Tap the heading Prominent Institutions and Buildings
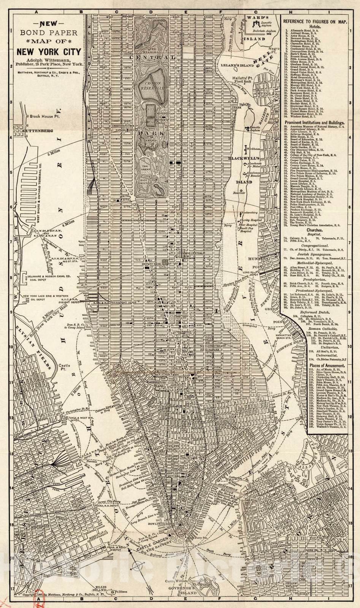coord(314,123)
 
